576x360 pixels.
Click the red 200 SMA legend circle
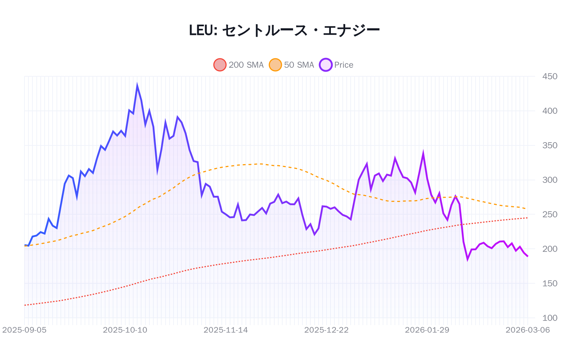220,65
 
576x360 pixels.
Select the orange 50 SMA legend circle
275,65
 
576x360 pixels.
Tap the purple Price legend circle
325,65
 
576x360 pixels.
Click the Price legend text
343,65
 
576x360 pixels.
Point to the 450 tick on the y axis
549,76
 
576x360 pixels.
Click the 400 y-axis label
549,111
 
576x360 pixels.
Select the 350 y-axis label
549,145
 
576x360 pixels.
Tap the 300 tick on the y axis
549,180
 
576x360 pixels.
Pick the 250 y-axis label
549,215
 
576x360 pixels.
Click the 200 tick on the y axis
549,249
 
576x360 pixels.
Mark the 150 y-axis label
549,283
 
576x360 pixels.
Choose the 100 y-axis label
549,318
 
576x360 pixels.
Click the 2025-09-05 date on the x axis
24,330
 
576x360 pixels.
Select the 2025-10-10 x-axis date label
125,330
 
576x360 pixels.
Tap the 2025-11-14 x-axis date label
226,330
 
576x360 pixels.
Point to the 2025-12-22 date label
326,330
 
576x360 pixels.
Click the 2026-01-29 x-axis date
427,330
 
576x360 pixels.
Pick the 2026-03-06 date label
527,330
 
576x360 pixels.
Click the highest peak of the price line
137,86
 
